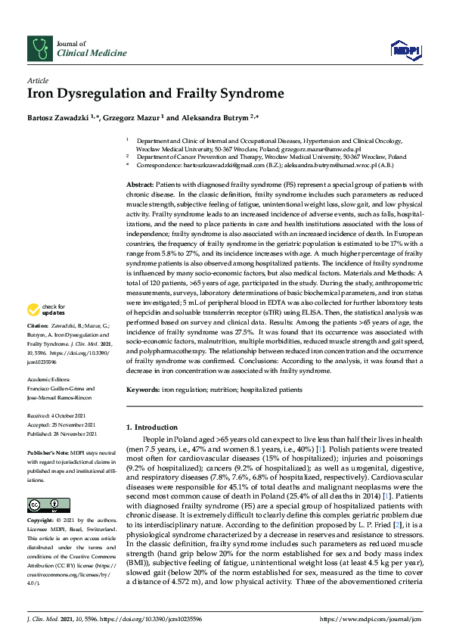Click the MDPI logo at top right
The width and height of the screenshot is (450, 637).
405,49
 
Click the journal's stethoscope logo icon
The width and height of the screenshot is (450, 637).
39,48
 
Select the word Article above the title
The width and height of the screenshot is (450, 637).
38,79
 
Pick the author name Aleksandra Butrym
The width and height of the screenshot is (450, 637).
225,118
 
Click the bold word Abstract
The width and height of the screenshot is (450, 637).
139,185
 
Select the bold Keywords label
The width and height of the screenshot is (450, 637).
142,390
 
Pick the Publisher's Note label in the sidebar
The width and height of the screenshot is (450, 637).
46,451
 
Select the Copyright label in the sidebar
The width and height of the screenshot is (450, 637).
41,499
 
